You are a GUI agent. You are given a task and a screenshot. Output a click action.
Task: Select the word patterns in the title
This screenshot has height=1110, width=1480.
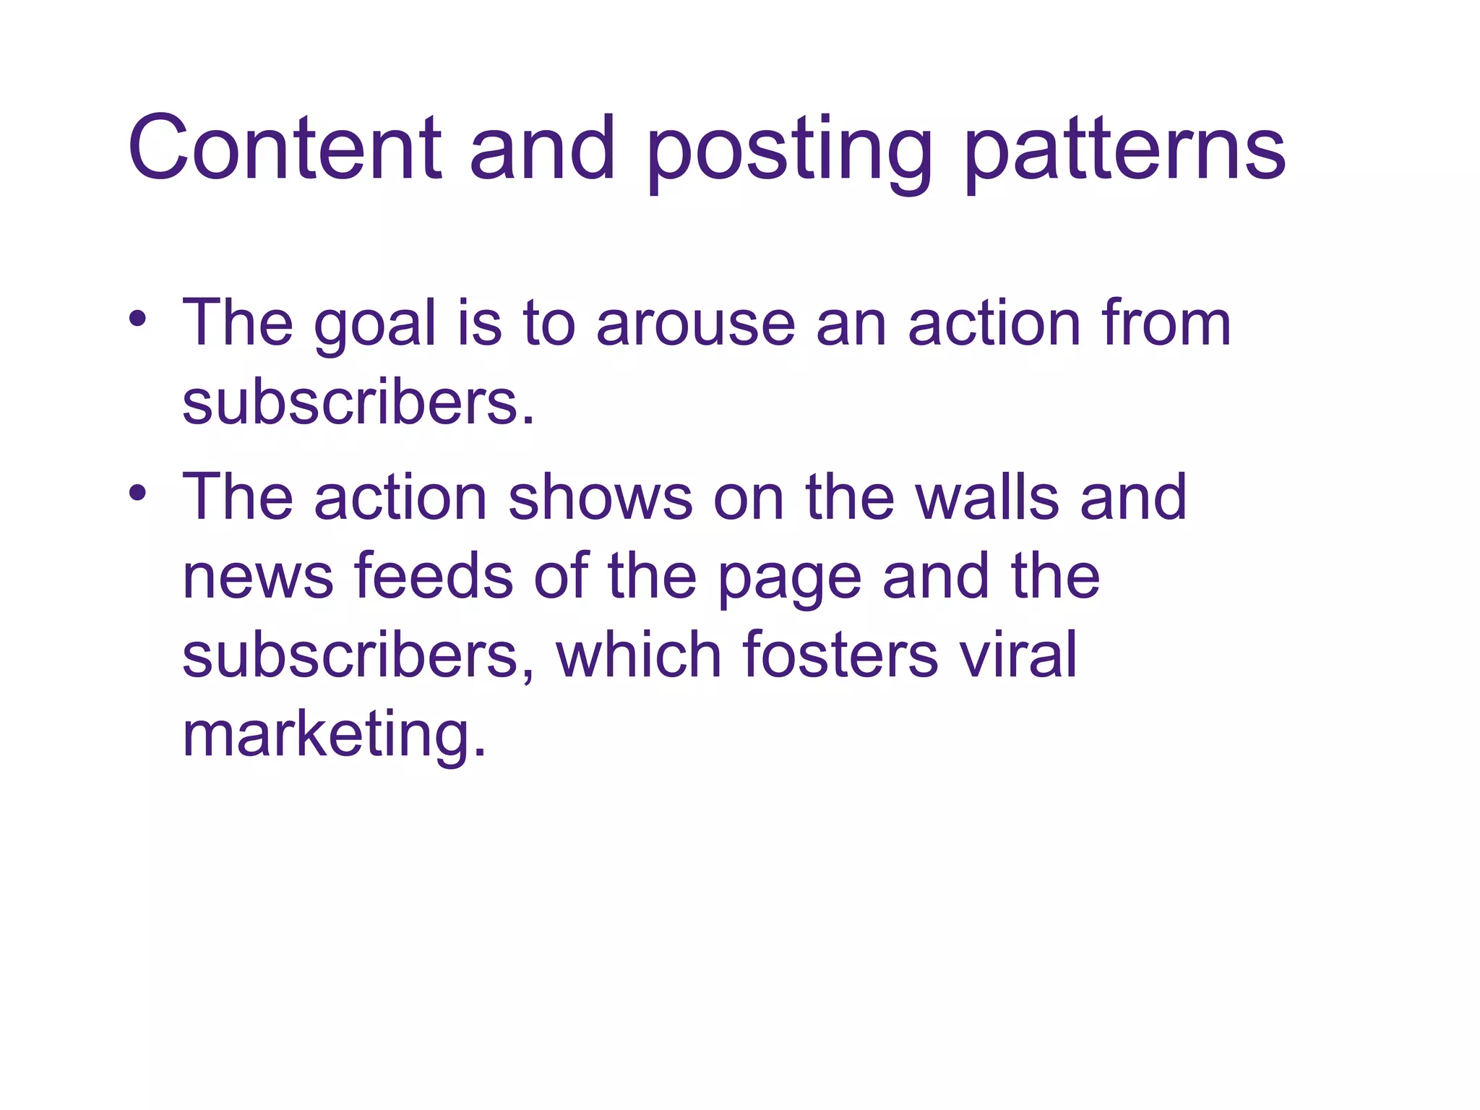pyautogui.click(x=1125, y=152)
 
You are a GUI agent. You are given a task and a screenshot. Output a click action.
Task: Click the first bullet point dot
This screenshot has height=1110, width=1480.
pyautogui.click(x=138, y=318)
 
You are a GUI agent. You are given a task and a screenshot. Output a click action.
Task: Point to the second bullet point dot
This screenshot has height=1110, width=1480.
pyautogui.click(x=138, y=493)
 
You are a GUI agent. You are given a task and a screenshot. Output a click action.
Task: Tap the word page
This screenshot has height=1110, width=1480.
pyautogui.click(x=789, y=581)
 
